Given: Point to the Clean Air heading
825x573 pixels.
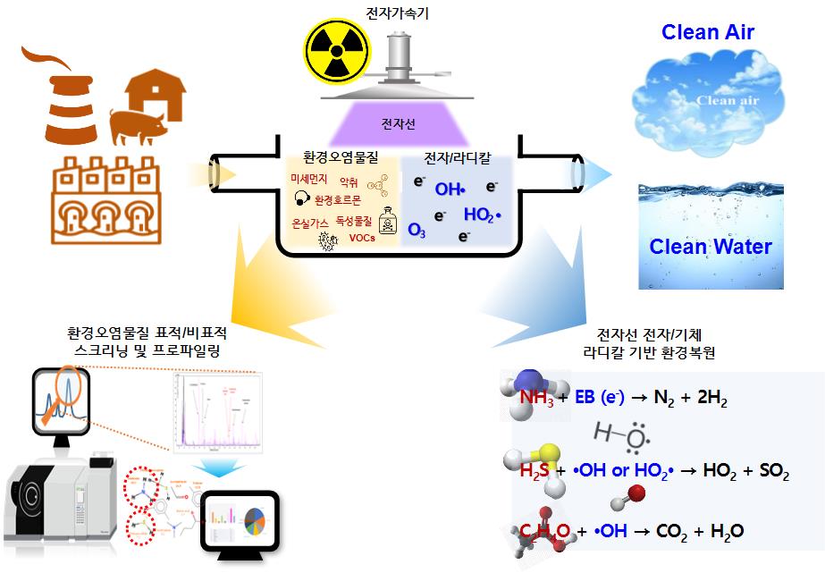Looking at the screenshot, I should [x=707, y=33].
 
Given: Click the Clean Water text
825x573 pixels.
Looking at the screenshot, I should [x=711, y=246].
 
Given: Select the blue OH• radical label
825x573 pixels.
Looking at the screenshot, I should [x=450, y=190].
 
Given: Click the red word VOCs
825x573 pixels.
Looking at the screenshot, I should [x=362, y=238].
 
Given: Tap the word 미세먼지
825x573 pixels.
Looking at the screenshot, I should [x=310, y=179].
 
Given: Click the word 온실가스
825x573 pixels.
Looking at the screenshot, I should [x=309, y=221].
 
